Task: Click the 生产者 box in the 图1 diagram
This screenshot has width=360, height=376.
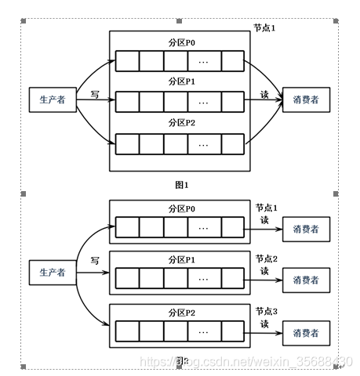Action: (x=52, y=99)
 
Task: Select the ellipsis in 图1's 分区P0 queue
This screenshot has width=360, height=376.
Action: (x=203, y=61)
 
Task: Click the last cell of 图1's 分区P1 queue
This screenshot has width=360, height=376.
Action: (x=233, y=101)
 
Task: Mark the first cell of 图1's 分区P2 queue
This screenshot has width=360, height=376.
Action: (x=128, y=143)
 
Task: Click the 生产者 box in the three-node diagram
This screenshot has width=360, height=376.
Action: (x=52, y=272)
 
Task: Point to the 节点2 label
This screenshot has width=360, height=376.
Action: (x=267, y=258)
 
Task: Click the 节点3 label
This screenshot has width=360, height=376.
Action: (x=267, y=311)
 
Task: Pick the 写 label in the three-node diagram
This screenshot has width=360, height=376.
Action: (x=94, y=259)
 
